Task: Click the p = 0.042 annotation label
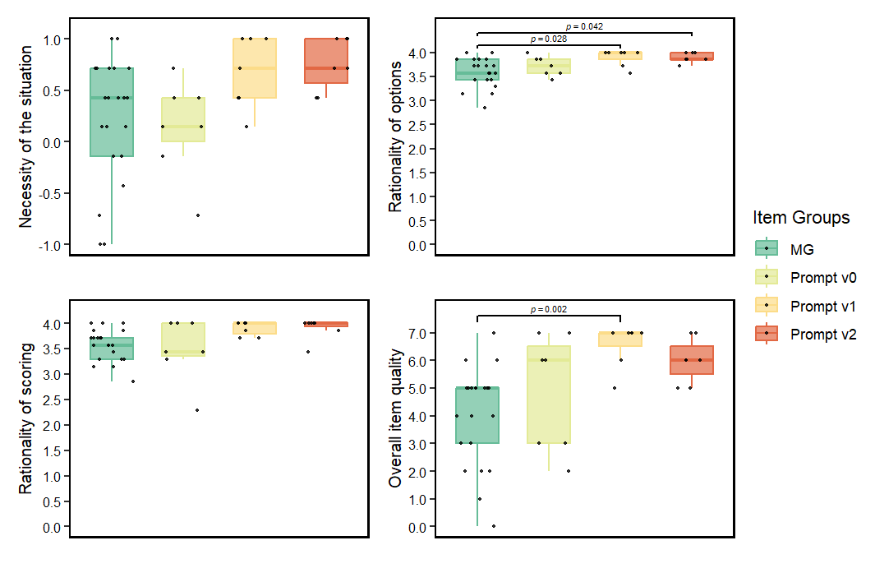click(x=584, y=26)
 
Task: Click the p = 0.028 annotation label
click(x=548, y=39)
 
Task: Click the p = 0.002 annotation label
click(x=548, y=310)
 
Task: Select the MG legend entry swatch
click(x=766, y=248)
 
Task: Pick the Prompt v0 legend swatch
click(x=766, y=277)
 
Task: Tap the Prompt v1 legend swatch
click(x=766, y=306)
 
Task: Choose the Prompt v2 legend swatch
click(x=766, y=334)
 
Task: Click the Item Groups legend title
click(x=800, y=218)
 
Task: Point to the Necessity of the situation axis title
click(x=25, y=136)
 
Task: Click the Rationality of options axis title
click(x=397, y=136)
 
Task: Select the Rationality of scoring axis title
click(x=25, y=419)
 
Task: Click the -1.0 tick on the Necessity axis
click(x=51, y=245)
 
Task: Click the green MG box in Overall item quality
click(x=477, y=415)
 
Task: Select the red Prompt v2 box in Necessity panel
click(x=326, y=61)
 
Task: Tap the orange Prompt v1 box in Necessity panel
click(x=255, y=68)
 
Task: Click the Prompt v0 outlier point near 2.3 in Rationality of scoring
click(x=196, y=410)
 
